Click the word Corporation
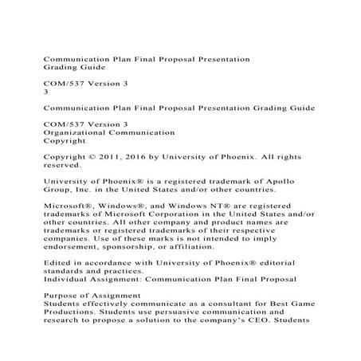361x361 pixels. [x=161, y=215]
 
